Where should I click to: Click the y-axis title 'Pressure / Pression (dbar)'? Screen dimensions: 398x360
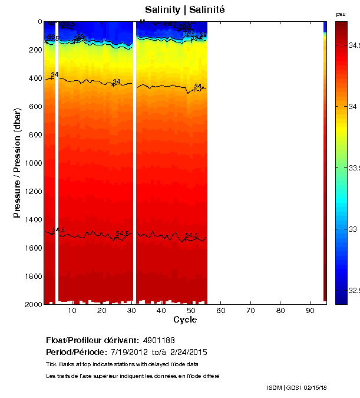[17, 163]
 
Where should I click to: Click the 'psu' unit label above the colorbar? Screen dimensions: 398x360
[341, 14]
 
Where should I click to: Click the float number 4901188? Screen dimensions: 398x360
[158, 340]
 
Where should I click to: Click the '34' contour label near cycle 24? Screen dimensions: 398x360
[117, 81]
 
